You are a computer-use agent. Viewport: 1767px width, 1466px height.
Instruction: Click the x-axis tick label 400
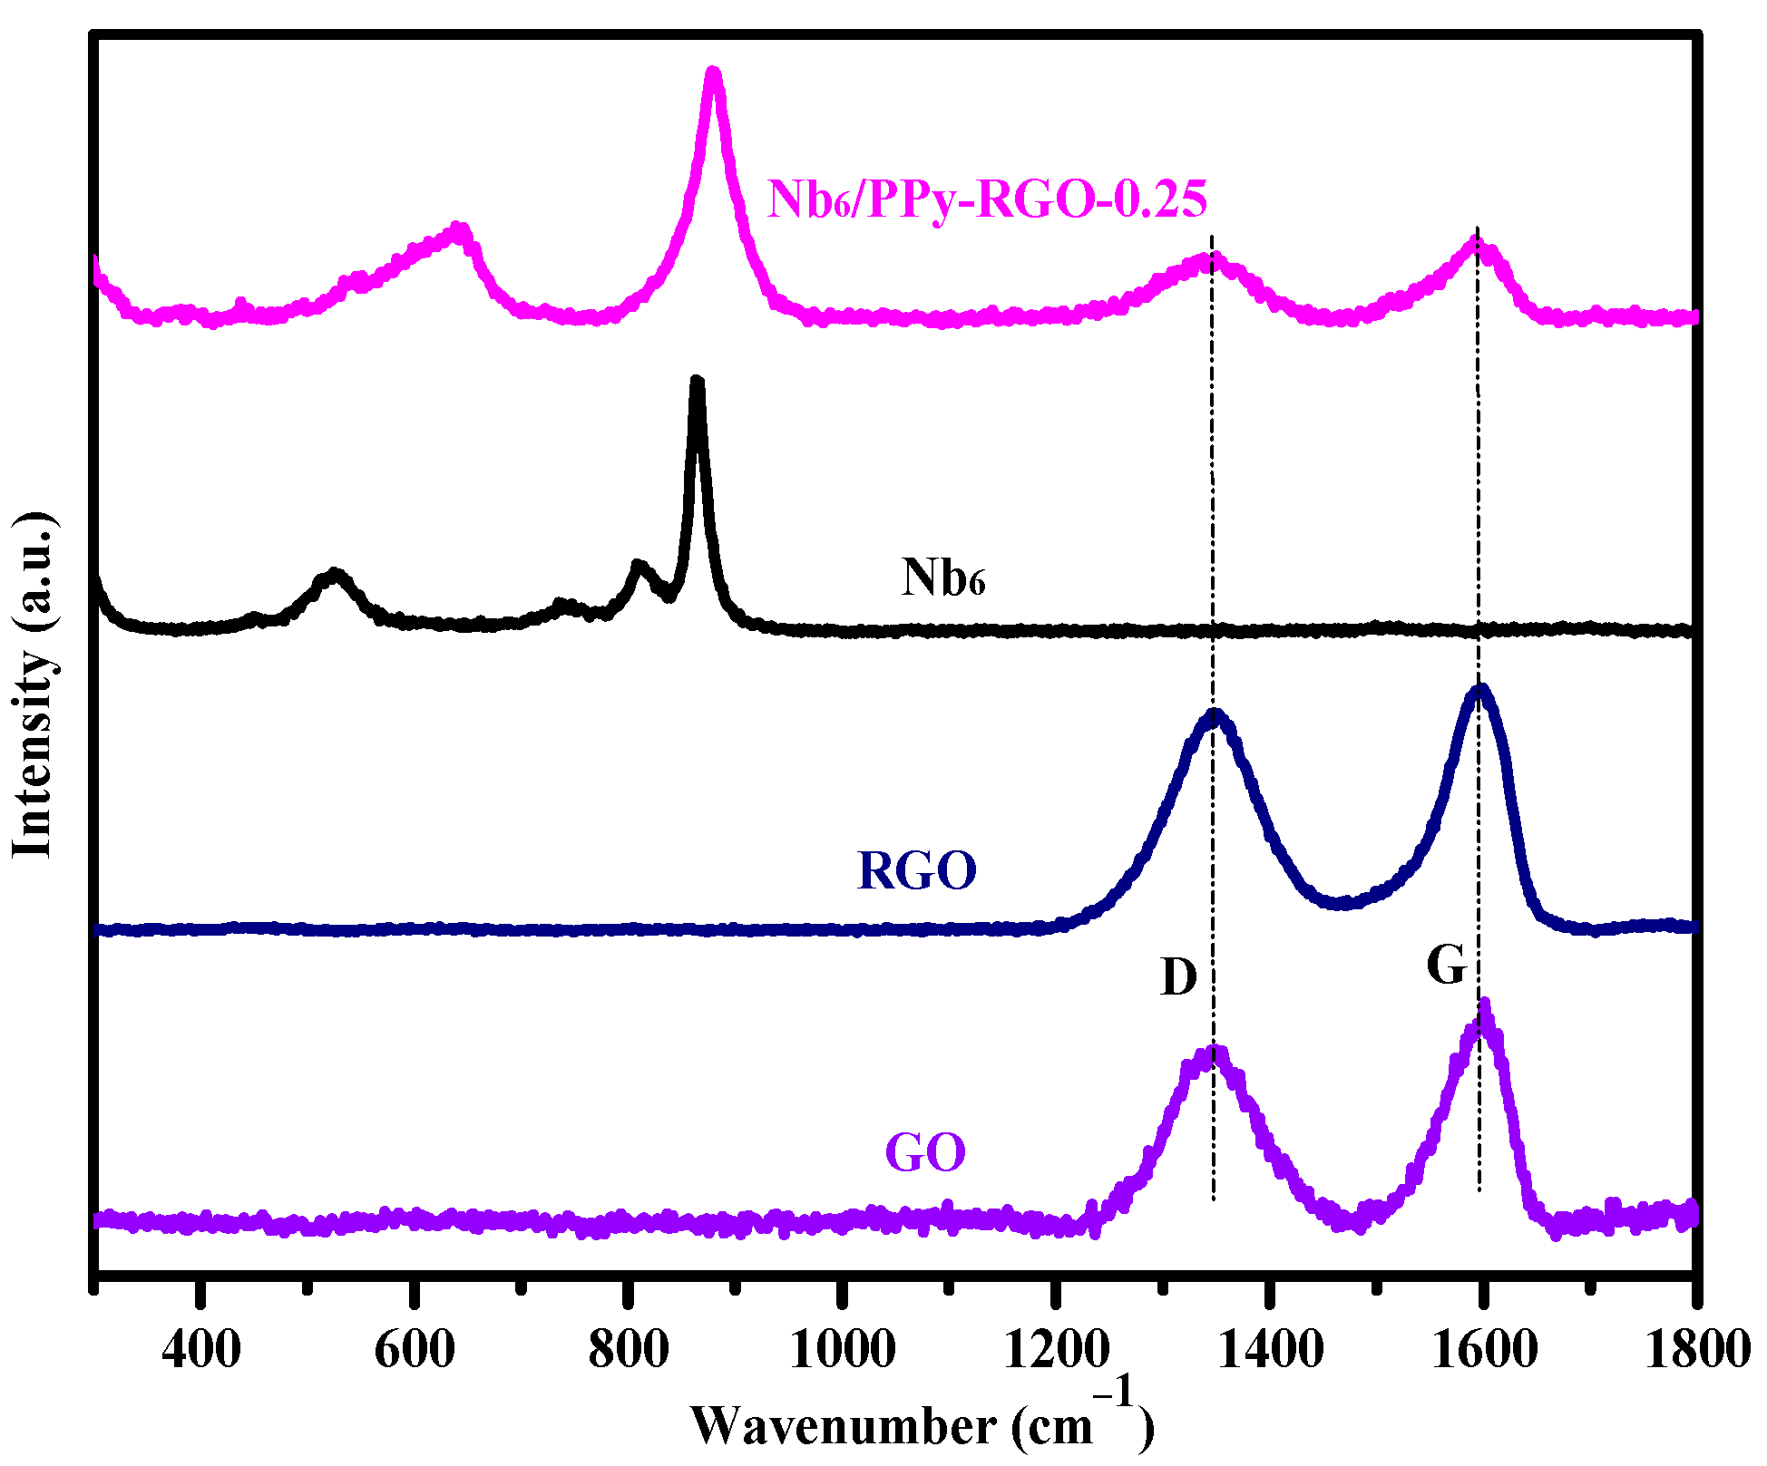click(x=200, y=1351)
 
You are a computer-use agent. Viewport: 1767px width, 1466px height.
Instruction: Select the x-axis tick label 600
click(x=414, y=1351)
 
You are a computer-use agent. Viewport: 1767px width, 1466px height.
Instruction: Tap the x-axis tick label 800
click(x=628, y=1351)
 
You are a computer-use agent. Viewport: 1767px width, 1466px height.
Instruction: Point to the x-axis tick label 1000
click(x=843, y=1351)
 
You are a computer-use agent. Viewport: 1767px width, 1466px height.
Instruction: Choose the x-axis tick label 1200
click(x=1056, y=1351)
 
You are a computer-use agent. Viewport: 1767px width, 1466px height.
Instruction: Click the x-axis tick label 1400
click(x=1270, y=1351)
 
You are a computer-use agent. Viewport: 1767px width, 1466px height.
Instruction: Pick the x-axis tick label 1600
click(x=1484, y=1351)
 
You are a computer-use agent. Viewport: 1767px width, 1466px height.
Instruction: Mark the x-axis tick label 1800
click(x=1696, y=1351)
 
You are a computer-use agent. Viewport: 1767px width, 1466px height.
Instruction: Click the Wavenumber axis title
click(x=921, y=1425)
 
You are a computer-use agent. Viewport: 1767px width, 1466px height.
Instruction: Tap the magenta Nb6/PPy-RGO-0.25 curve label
click(x=987, y=199)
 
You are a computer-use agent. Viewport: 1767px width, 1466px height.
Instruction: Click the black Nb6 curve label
click(x=942, y=577)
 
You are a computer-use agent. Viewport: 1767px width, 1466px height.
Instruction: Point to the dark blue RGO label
click(x=916, y=870)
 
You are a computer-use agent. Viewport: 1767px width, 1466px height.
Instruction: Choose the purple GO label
click(x=925, y=1153)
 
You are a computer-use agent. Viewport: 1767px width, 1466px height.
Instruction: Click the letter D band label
click(x=1178, y=978)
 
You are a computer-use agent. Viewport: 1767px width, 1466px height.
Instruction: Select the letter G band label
click(x=1446, y=966)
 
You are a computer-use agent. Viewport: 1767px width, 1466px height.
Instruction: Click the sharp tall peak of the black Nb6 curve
click(x=697, y=383)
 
